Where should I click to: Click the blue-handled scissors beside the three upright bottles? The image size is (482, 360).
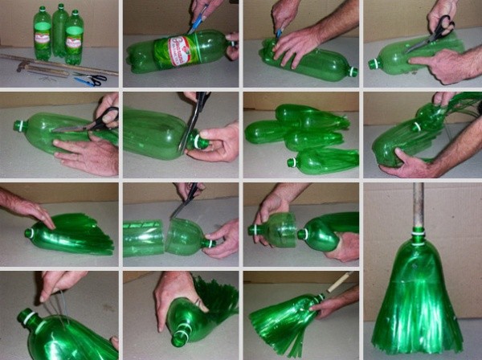tap(91, 80)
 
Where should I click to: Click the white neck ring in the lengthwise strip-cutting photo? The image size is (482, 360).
tap(19, 126)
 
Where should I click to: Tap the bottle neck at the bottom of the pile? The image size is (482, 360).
tap(294, 162)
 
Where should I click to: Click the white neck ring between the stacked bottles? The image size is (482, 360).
tap(415, 127)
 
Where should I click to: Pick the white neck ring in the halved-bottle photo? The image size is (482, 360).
tap(210, 241)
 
